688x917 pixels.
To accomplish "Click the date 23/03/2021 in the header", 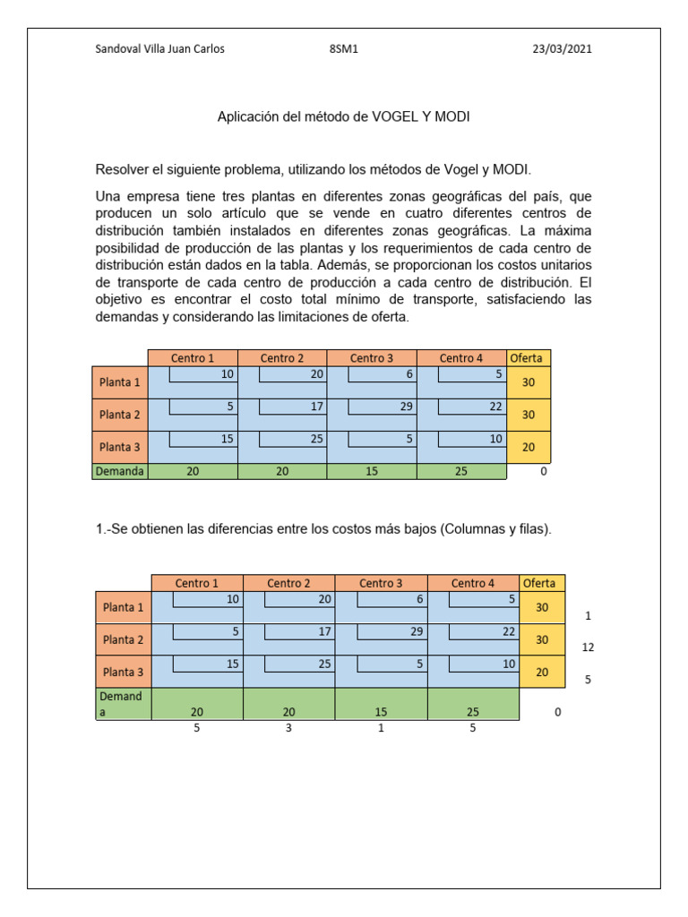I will (562, 49).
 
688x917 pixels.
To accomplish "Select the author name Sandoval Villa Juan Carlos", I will (159, 49).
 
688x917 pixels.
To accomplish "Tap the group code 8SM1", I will (344, 49).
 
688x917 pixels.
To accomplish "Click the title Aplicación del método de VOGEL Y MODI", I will (344, 117).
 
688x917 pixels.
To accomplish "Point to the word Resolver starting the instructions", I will (124, 169).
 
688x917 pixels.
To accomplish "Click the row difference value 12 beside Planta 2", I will (588, 647).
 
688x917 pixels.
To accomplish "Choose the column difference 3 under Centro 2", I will (288, 729).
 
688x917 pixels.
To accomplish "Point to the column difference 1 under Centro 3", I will (381, 729).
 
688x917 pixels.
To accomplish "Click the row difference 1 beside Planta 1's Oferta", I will (588, 616).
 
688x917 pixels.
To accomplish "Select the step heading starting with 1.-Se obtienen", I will (323, 529).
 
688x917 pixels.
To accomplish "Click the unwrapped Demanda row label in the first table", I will (120, 471).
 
